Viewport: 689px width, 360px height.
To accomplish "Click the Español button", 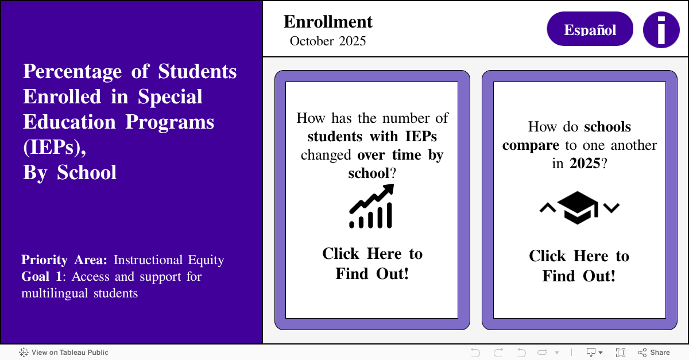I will pyautogui.click(x=590, y=29).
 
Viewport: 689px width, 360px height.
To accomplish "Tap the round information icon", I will pyautogui.click(x=661, y=29).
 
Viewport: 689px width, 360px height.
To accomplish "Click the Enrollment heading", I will pyautogui.click(x=328, y=22).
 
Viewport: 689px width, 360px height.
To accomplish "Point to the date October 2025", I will pyautogui.click(x=328, y=41).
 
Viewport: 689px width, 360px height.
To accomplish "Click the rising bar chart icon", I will pyautogui.click(x=371, y=206).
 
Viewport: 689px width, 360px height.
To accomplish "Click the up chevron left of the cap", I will pyautogui.click(x=547, y=207).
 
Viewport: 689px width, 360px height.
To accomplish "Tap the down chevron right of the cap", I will pyautogui.click(x=612, y=207).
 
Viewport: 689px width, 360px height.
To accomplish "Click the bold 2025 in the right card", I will pyautogui.click(x=585, y=163).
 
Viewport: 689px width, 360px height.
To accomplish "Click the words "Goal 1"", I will pyautogui.click(x=42, y=276).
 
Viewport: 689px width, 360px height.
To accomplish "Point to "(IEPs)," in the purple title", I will pyautogui.click(x=55, y=147).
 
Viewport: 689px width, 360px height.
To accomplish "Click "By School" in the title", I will pyautogui.click(x=69, y=172).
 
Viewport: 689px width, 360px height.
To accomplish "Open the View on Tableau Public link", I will pyautogui.click(x=64, y=353).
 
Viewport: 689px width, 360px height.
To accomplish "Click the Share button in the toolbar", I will pyautogui.click(x=654, y=353).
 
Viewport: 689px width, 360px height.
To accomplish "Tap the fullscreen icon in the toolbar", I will pyautogui.click(x=621, y=353).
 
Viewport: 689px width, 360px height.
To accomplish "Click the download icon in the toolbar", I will pyautogui.click(x=591, y=353).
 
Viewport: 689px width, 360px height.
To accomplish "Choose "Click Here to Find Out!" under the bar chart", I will pyautogui.click(x=372, y=264).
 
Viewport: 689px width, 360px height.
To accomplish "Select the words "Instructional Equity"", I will pyautogui.click(x=169, y=260).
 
